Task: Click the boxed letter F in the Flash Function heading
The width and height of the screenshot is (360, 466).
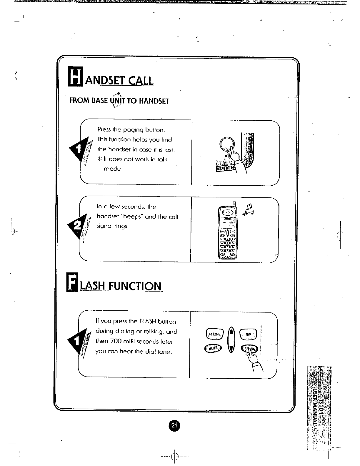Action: [71, 282]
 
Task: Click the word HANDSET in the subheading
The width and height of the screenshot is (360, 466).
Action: [154, 101]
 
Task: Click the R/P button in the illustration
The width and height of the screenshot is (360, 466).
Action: [249, 334]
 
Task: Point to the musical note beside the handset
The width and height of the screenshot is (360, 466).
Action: [249, 210]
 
